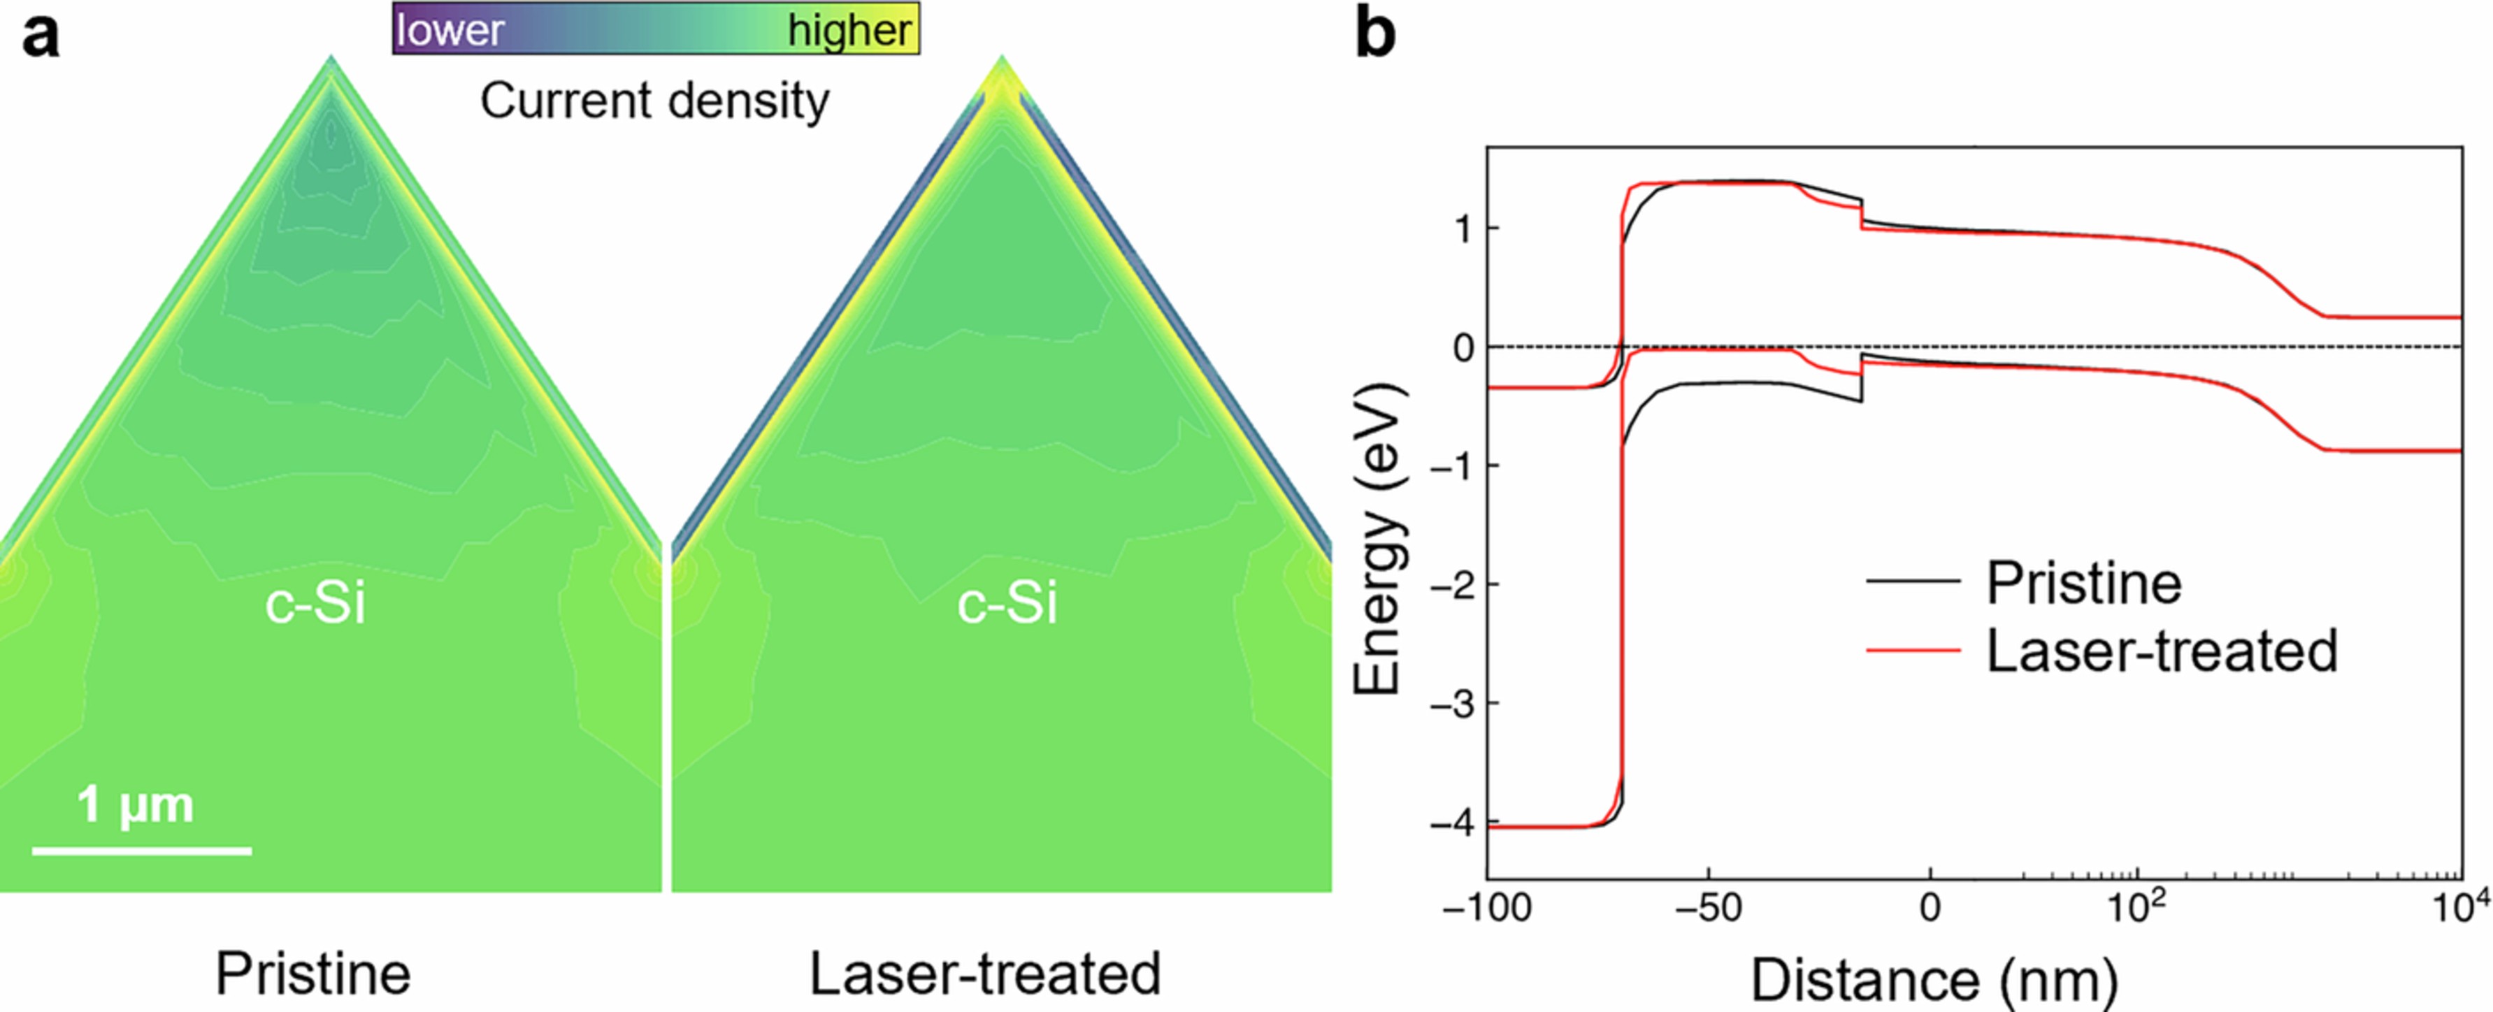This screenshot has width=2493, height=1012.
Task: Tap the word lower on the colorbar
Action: click(x=450, y=31)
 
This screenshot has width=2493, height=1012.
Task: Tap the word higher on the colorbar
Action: click(x=849, y=31)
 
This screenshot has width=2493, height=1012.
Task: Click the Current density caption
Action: click(x=655, y=101)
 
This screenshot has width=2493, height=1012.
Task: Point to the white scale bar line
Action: click(x=141, y=851)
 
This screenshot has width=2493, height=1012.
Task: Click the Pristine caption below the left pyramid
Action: click(x=312, y=974)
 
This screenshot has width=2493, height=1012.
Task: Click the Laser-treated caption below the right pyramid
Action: click(x=984, y=974)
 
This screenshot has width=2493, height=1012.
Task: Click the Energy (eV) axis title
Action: click(x=1377, y=538)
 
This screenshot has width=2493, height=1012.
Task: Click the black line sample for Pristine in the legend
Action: click(x=1912, y=581)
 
